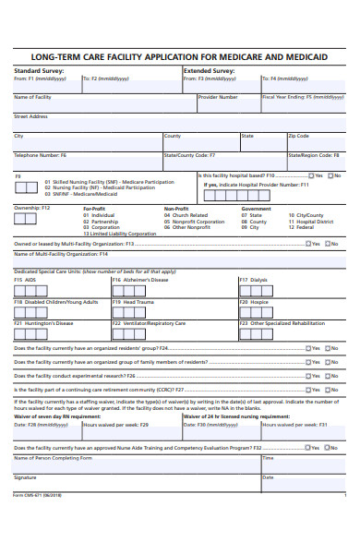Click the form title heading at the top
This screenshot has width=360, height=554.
[180, 57]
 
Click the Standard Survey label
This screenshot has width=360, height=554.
[40, 70]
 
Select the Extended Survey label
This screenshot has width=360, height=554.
[210, 70]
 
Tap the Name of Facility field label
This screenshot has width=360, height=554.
[33, 97]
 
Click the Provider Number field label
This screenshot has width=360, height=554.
[218, 97]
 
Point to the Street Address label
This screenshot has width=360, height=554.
[30, 116]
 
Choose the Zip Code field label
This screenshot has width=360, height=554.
[298, 136]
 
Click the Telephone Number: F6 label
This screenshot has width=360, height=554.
[41, 155]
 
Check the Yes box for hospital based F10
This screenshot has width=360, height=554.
[309, 175]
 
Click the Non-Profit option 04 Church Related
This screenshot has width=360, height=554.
[188, 215]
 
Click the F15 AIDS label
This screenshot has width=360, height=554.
[25, 280]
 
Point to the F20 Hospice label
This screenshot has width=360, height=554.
[254, 302]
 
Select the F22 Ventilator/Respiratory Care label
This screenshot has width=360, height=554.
[149, 324]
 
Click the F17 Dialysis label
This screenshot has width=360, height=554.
[254, 280]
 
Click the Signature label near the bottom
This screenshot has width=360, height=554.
[25, 477]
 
